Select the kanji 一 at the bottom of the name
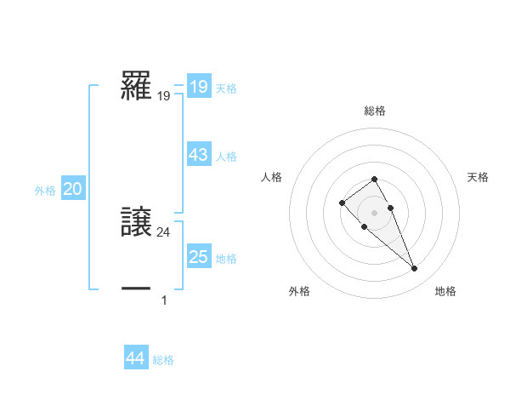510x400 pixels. (137, 289)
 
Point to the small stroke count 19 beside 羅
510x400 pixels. (164, 97)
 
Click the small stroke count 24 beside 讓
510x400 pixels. (164, 231)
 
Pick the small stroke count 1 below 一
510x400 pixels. (164, 300)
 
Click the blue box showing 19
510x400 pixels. (199, 87)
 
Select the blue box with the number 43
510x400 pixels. (199, 155)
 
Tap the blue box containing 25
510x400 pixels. (199, 257)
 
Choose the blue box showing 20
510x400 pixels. (73, 190)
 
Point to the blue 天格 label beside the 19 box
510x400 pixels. (226, 88)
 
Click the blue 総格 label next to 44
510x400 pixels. (163, 360)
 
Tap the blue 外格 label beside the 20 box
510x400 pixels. (45, 191)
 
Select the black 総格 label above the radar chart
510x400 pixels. (375, 111)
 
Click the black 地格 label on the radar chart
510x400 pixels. (445, 292)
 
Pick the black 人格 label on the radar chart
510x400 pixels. (272, 177)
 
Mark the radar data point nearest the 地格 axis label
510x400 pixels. (415, 269)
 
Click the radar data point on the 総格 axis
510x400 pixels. (374, 180)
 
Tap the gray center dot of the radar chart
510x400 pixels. (374, 212)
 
